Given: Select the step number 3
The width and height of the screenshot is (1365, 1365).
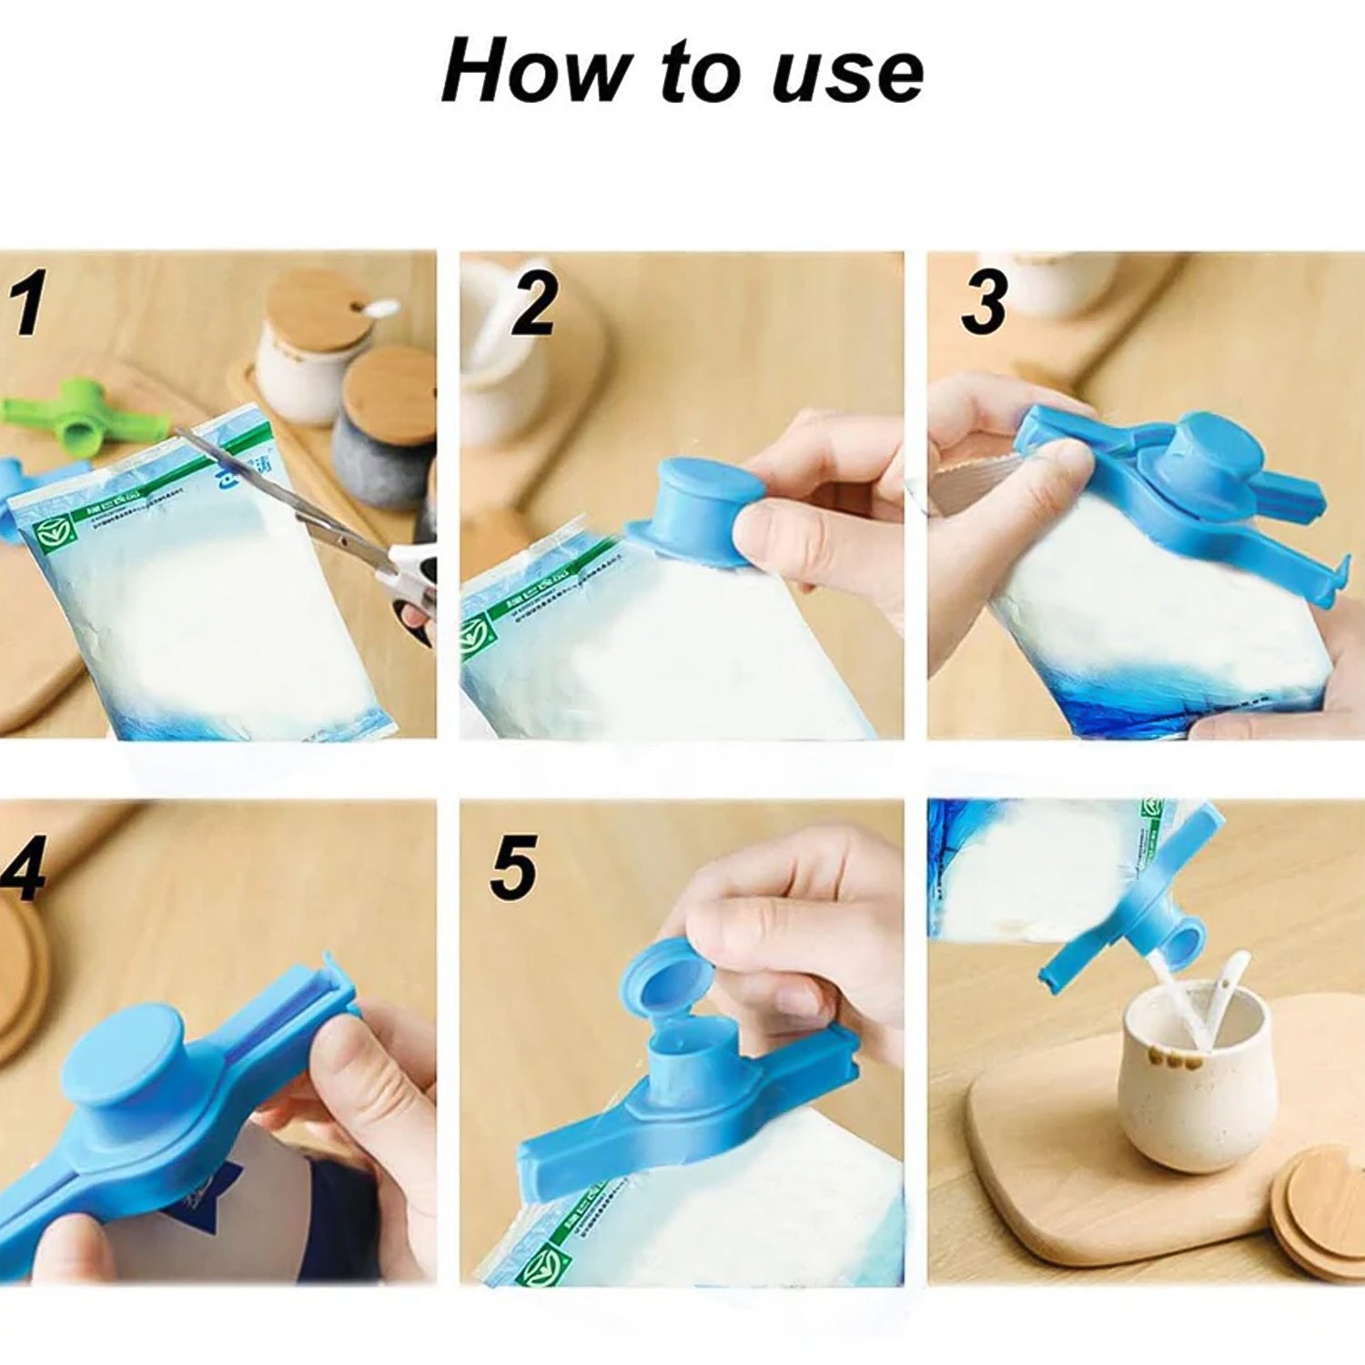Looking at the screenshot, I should click(985, 303).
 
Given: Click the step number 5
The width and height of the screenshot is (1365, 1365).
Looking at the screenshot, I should click(513, 869).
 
